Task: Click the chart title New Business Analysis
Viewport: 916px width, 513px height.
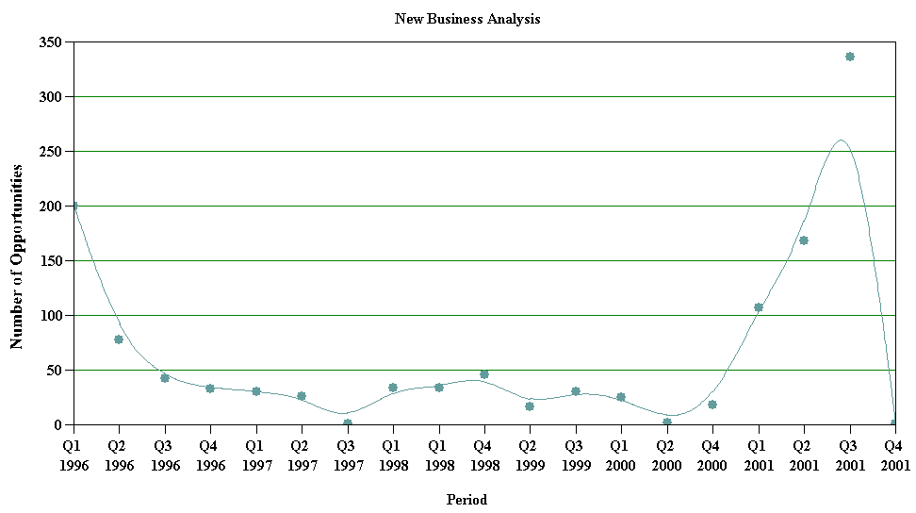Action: pos(467,19)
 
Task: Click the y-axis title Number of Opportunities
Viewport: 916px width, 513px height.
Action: pos(16,256)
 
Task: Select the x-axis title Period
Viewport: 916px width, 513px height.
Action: pos(466,500)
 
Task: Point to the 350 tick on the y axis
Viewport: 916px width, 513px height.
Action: pos(49,42)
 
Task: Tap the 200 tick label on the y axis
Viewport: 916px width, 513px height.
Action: pos(49,207)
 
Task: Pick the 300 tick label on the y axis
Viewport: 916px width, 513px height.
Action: pos(49,97)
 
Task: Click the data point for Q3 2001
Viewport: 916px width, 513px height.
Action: pos(849,57)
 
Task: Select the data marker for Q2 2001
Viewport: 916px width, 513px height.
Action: pos(804,240)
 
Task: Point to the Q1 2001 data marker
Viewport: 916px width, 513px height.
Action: pos(758,307)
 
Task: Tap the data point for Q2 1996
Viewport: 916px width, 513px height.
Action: pos(119,339)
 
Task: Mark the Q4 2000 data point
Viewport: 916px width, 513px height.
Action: pos(712,405)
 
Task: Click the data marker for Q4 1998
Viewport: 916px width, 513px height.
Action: pos(483,374)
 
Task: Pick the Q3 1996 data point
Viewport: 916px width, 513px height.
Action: pos(164,378)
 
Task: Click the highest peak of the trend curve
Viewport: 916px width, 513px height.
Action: pos(841,141)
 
